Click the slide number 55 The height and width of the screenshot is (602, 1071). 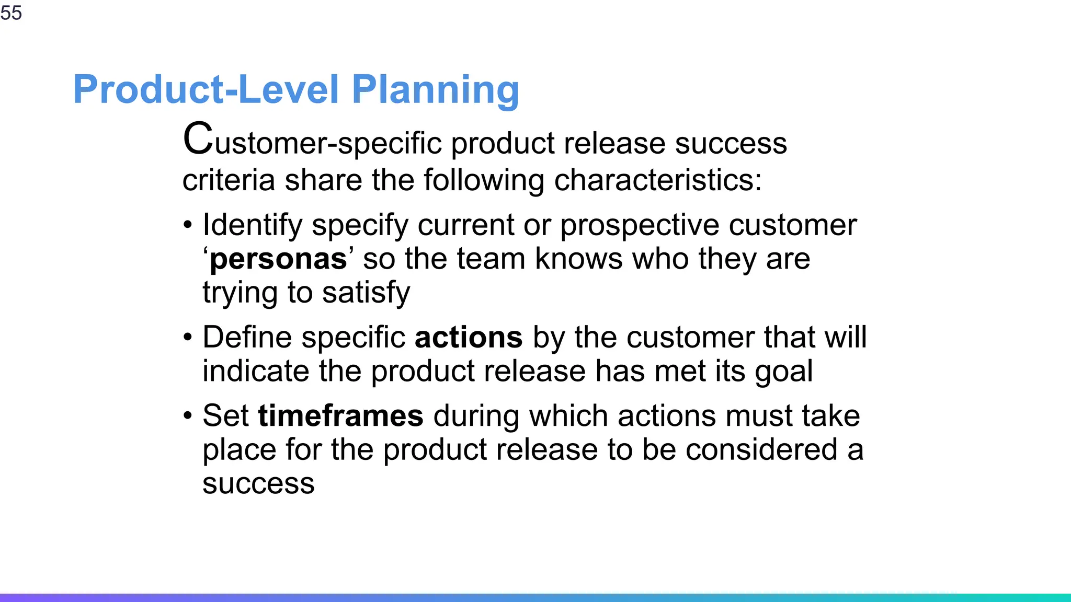(11, 13)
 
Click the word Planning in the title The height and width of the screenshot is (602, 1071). (435, 90)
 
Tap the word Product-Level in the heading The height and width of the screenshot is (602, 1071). (206, 90)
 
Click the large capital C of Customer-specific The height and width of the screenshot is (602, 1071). (198, 139)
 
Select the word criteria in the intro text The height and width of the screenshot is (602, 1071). (229, 180)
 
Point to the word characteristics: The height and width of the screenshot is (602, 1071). (657, 180)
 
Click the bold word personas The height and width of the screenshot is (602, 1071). (278, 259)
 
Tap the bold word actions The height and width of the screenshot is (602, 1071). (468, 338)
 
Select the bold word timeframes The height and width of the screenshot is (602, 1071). (340, 416)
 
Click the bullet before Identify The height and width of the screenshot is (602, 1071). (188, 226)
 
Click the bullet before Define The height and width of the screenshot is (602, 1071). (188, 338)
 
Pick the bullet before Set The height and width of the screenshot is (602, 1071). (188, 416)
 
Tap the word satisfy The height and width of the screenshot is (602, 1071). (366, 293)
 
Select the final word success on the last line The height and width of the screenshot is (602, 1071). (258, 484)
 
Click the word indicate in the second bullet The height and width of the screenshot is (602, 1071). (256, 372)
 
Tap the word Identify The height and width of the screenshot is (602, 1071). (253, 226)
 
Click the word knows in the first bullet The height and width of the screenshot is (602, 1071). (579, 259)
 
